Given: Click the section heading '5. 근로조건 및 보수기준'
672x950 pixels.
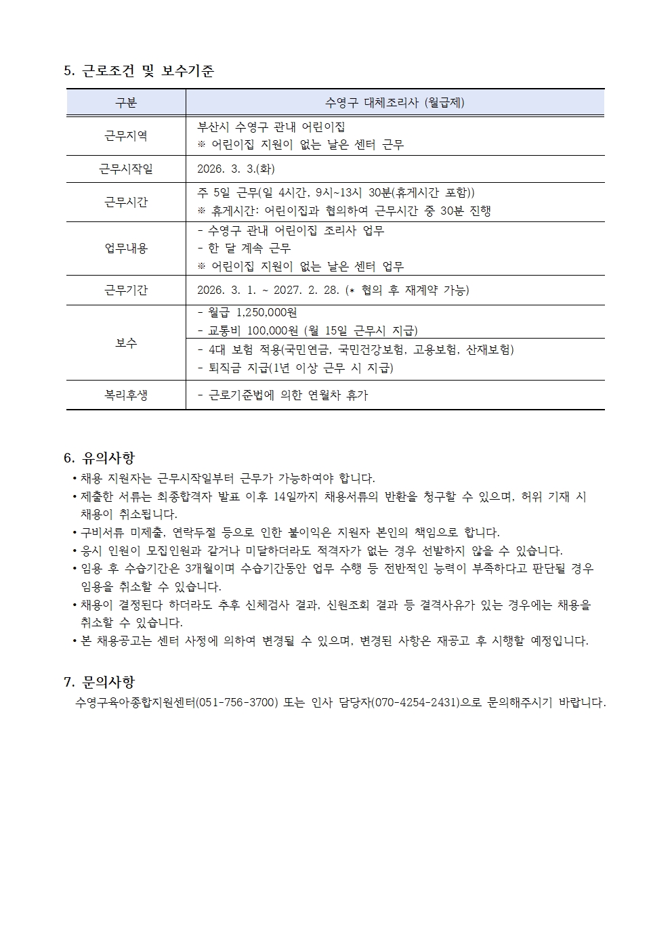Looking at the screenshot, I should point(138,70).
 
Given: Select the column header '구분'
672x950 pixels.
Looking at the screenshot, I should point(126,103).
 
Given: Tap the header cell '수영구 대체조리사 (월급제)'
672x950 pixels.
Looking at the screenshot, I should point(395,103).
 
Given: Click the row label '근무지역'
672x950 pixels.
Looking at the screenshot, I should point(126,135).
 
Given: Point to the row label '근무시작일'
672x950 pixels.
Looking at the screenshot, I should point(126,169).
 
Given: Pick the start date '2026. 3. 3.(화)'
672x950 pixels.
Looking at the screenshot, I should point(236,169).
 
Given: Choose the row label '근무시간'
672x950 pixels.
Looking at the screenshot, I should point(126,202).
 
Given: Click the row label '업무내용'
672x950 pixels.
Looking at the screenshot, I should point(126,248).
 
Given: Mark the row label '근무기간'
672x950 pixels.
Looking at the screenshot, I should point(126,290).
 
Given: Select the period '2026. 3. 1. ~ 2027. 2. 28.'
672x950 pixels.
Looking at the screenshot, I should point(268,290).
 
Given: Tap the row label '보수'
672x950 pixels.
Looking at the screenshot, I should point(126,343).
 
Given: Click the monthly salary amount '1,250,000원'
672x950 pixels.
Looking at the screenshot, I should point(267,312).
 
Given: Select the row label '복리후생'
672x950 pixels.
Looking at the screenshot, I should point(126,395).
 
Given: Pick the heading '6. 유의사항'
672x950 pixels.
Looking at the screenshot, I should point(99,458).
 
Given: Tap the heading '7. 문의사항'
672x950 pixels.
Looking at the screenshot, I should point(99,681).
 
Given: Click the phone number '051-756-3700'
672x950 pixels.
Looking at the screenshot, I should point(236,702).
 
